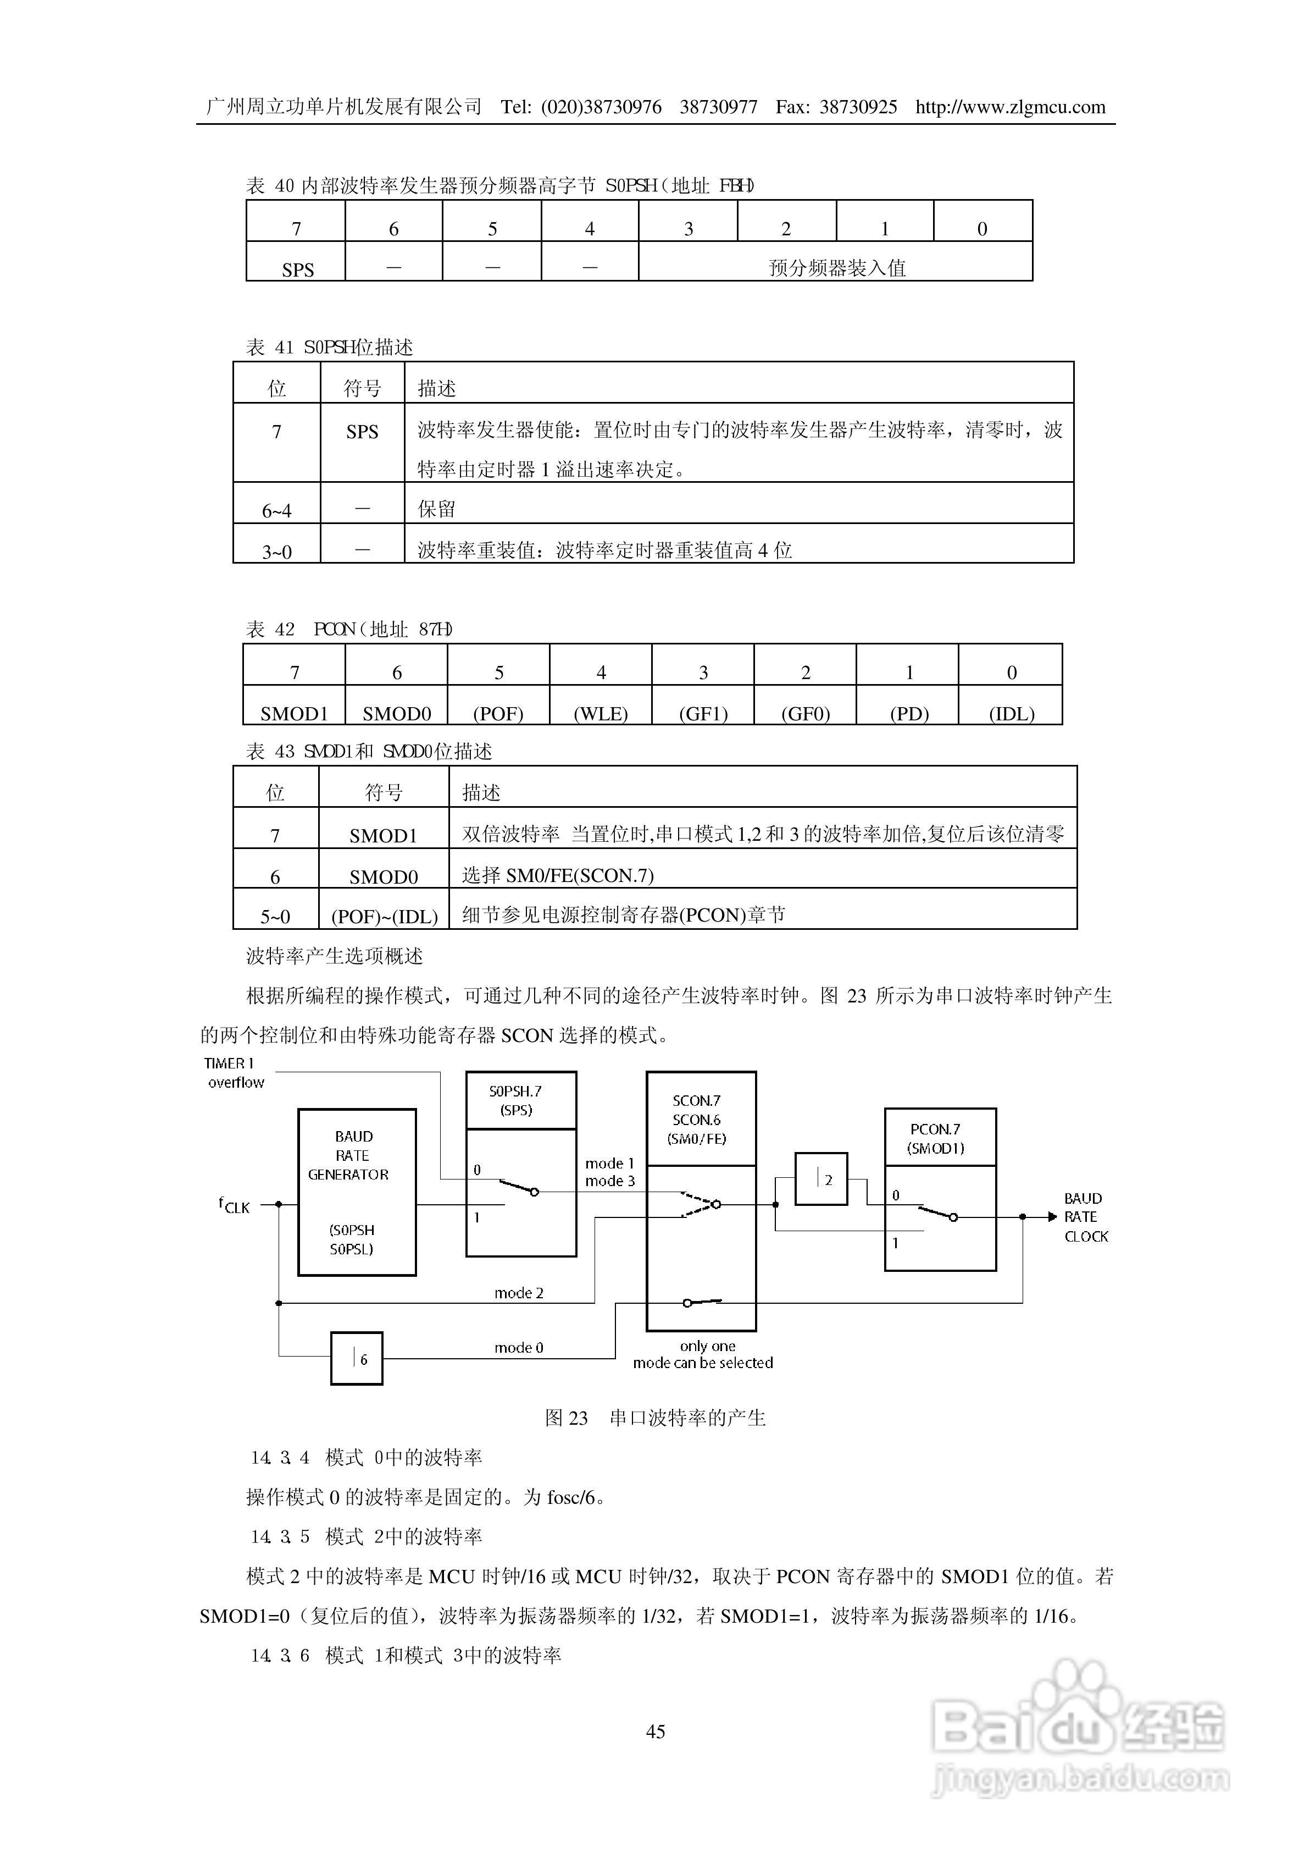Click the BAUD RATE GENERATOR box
(357, 1192)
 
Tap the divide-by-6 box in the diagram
(357, 1359)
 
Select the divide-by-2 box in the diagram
(821, 1179)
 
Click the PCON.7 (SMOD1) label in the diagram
(940, 1138)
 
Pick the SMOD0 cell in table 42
(396, 713)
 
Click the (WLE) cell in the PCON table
(601, 713)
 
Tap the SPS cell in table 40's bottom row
(297, 269)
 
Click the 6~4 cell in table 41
(277, 510)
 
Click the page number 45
(655, 1731)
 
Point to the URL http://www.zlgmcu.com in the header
(1010, 107)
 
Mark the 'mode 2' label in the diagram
(519, 1293)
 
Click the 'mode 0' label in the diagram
(519, 1347)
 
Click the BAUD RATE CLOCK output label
(1085, 1217)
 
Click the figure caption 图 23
(655, 1417)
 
